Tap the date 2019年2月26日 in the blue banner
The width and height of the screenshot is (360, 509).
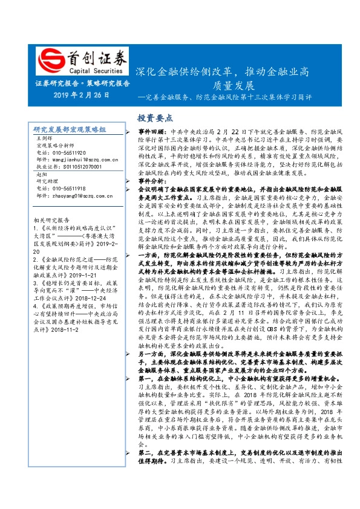point(80,95)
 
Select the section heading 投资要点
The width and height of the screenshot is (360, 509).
point(138,118)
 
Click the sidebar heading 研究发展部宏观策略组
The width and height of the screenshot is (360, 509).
point(70,130)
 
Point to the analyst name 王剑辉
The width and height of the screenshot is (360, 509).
point(44,138)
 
